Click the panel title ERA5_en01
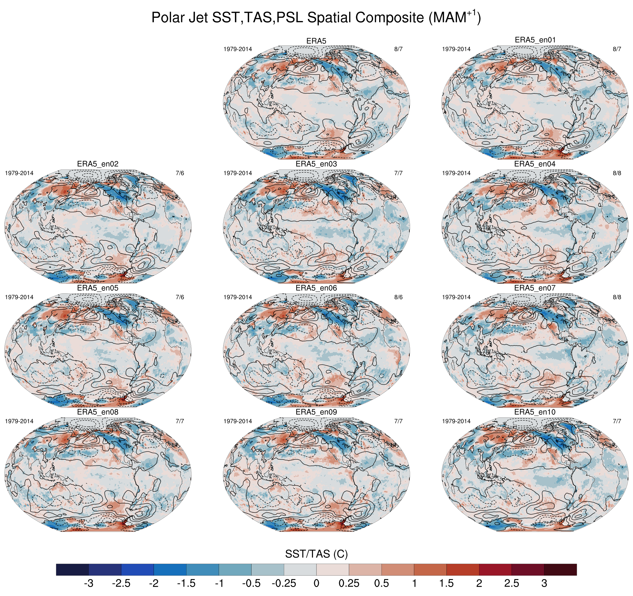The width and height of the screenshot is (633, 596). point(535,40)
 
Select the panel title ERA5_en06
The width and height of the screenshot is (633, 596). point(316,288)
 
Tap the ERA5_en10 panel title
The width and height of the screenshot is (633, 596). point(535,412)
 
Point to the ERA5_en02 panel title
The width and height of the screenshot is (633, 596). point(98,164)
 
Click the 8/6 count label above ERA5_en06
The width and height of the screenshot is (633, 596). point(398,297)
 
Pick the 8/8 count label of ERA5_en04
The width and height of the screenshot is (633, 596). point(617,173)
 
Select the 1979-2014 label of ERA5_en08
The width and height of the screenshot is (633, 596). point(19,421)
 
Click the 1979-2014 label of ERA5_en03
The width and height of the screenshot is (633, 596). point(238,173)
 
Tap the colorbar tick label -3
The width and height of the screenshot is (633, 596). point(88,583)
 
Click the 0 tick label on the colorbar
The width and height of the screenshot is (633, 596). point(316,583)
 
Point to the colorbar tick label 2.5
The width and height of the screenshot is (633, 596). point(511,583)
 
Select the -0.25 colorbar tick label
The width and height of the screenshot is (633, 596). point(284,583)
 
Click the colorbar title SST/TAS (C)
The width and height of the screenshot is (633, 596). point(316,554)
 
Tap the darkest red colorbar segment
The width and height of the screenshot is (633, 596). point(560,569)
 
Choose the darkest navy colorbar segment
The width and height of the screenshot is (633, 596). point(72,569)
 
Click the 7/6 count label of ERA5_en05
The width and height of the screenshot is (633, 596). point(180,297)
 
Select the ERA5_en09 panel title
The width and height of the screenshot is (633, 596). point(316,412)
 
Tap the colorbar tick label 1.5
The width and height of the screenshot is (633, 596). point(446,583)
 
